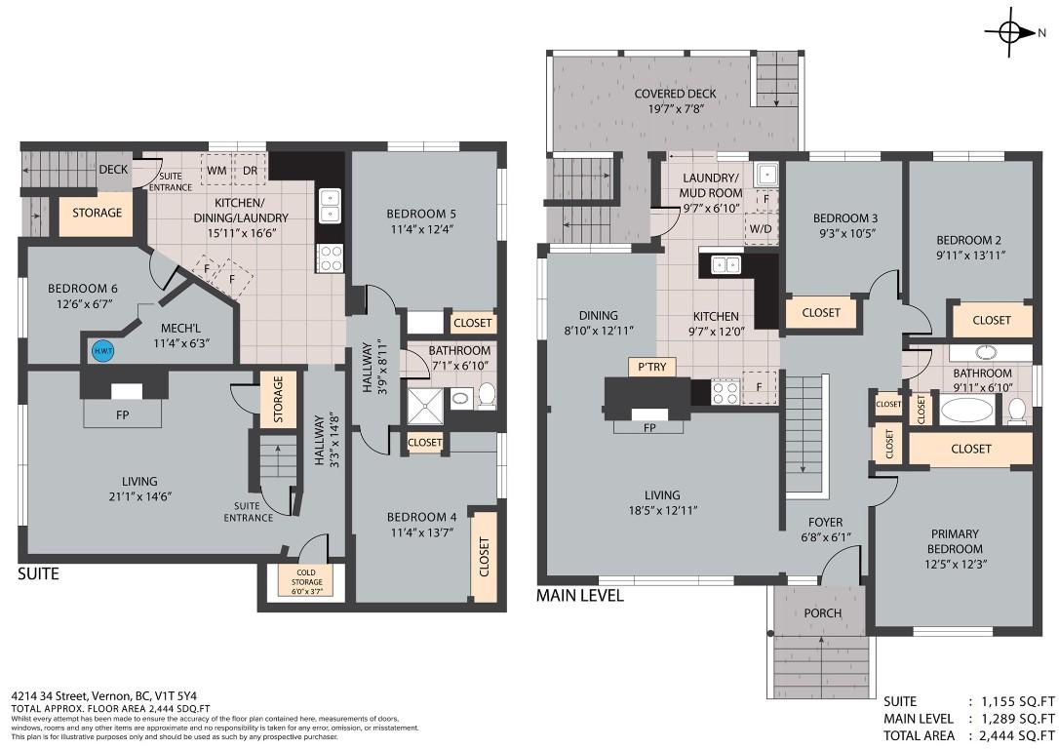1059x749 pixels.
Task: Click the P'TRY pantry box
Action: coord(651,367)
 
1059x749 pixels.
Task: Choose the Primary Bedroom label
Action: coord(955,540)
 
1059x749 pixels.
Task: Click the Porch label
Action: coord(822,612)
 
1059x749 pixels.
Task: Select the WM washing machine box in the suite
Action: coord(216,169)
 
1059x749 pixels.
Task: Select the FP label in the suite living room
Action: coord(122,414)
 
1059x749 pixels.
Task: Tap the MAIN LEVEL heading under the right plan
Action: coord(579,594)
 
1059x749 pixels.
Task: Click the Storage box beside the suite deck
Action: coord(98,213)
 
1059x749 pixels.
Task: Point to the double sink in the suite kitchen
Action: coord(330,206)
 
